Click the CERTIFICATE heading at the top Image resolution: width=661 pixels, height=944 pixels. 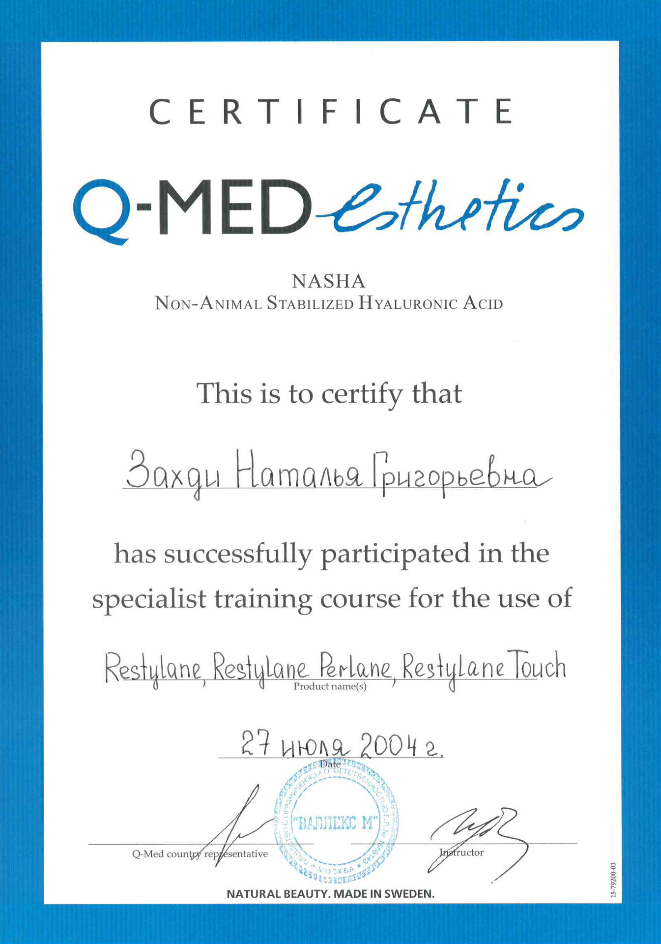point(330,111)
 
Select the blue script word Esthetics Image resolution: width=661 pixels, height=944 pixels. point(450,209)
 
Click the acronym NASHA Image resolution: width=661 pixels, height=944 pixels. point(329,281)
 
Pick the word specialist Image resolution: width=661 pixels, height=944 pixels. point(149,599)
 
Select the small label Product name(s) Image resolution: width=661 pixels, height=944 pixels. point(330,686)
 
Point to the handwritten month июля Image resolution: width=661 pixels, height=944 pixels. point(316,747)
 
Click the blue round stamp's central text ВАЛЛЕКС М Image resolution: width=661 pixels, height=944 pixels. point(337,823)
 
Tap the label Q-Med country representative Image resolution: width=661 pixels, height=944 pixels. point(200,854)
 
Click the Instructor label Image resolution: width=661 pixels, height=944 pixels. point(461,853)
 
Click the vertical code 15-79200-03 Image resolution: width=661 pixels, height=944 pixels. point(613,880)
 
